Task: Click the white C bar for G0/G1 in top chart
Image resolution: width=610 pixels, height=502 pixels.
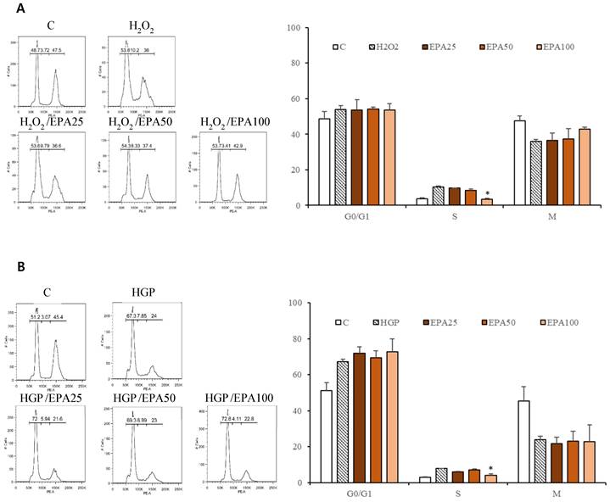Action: coord(323,162)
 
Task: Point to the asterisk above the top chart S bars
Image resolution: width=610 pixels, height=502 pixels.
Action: coord(488,193)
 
